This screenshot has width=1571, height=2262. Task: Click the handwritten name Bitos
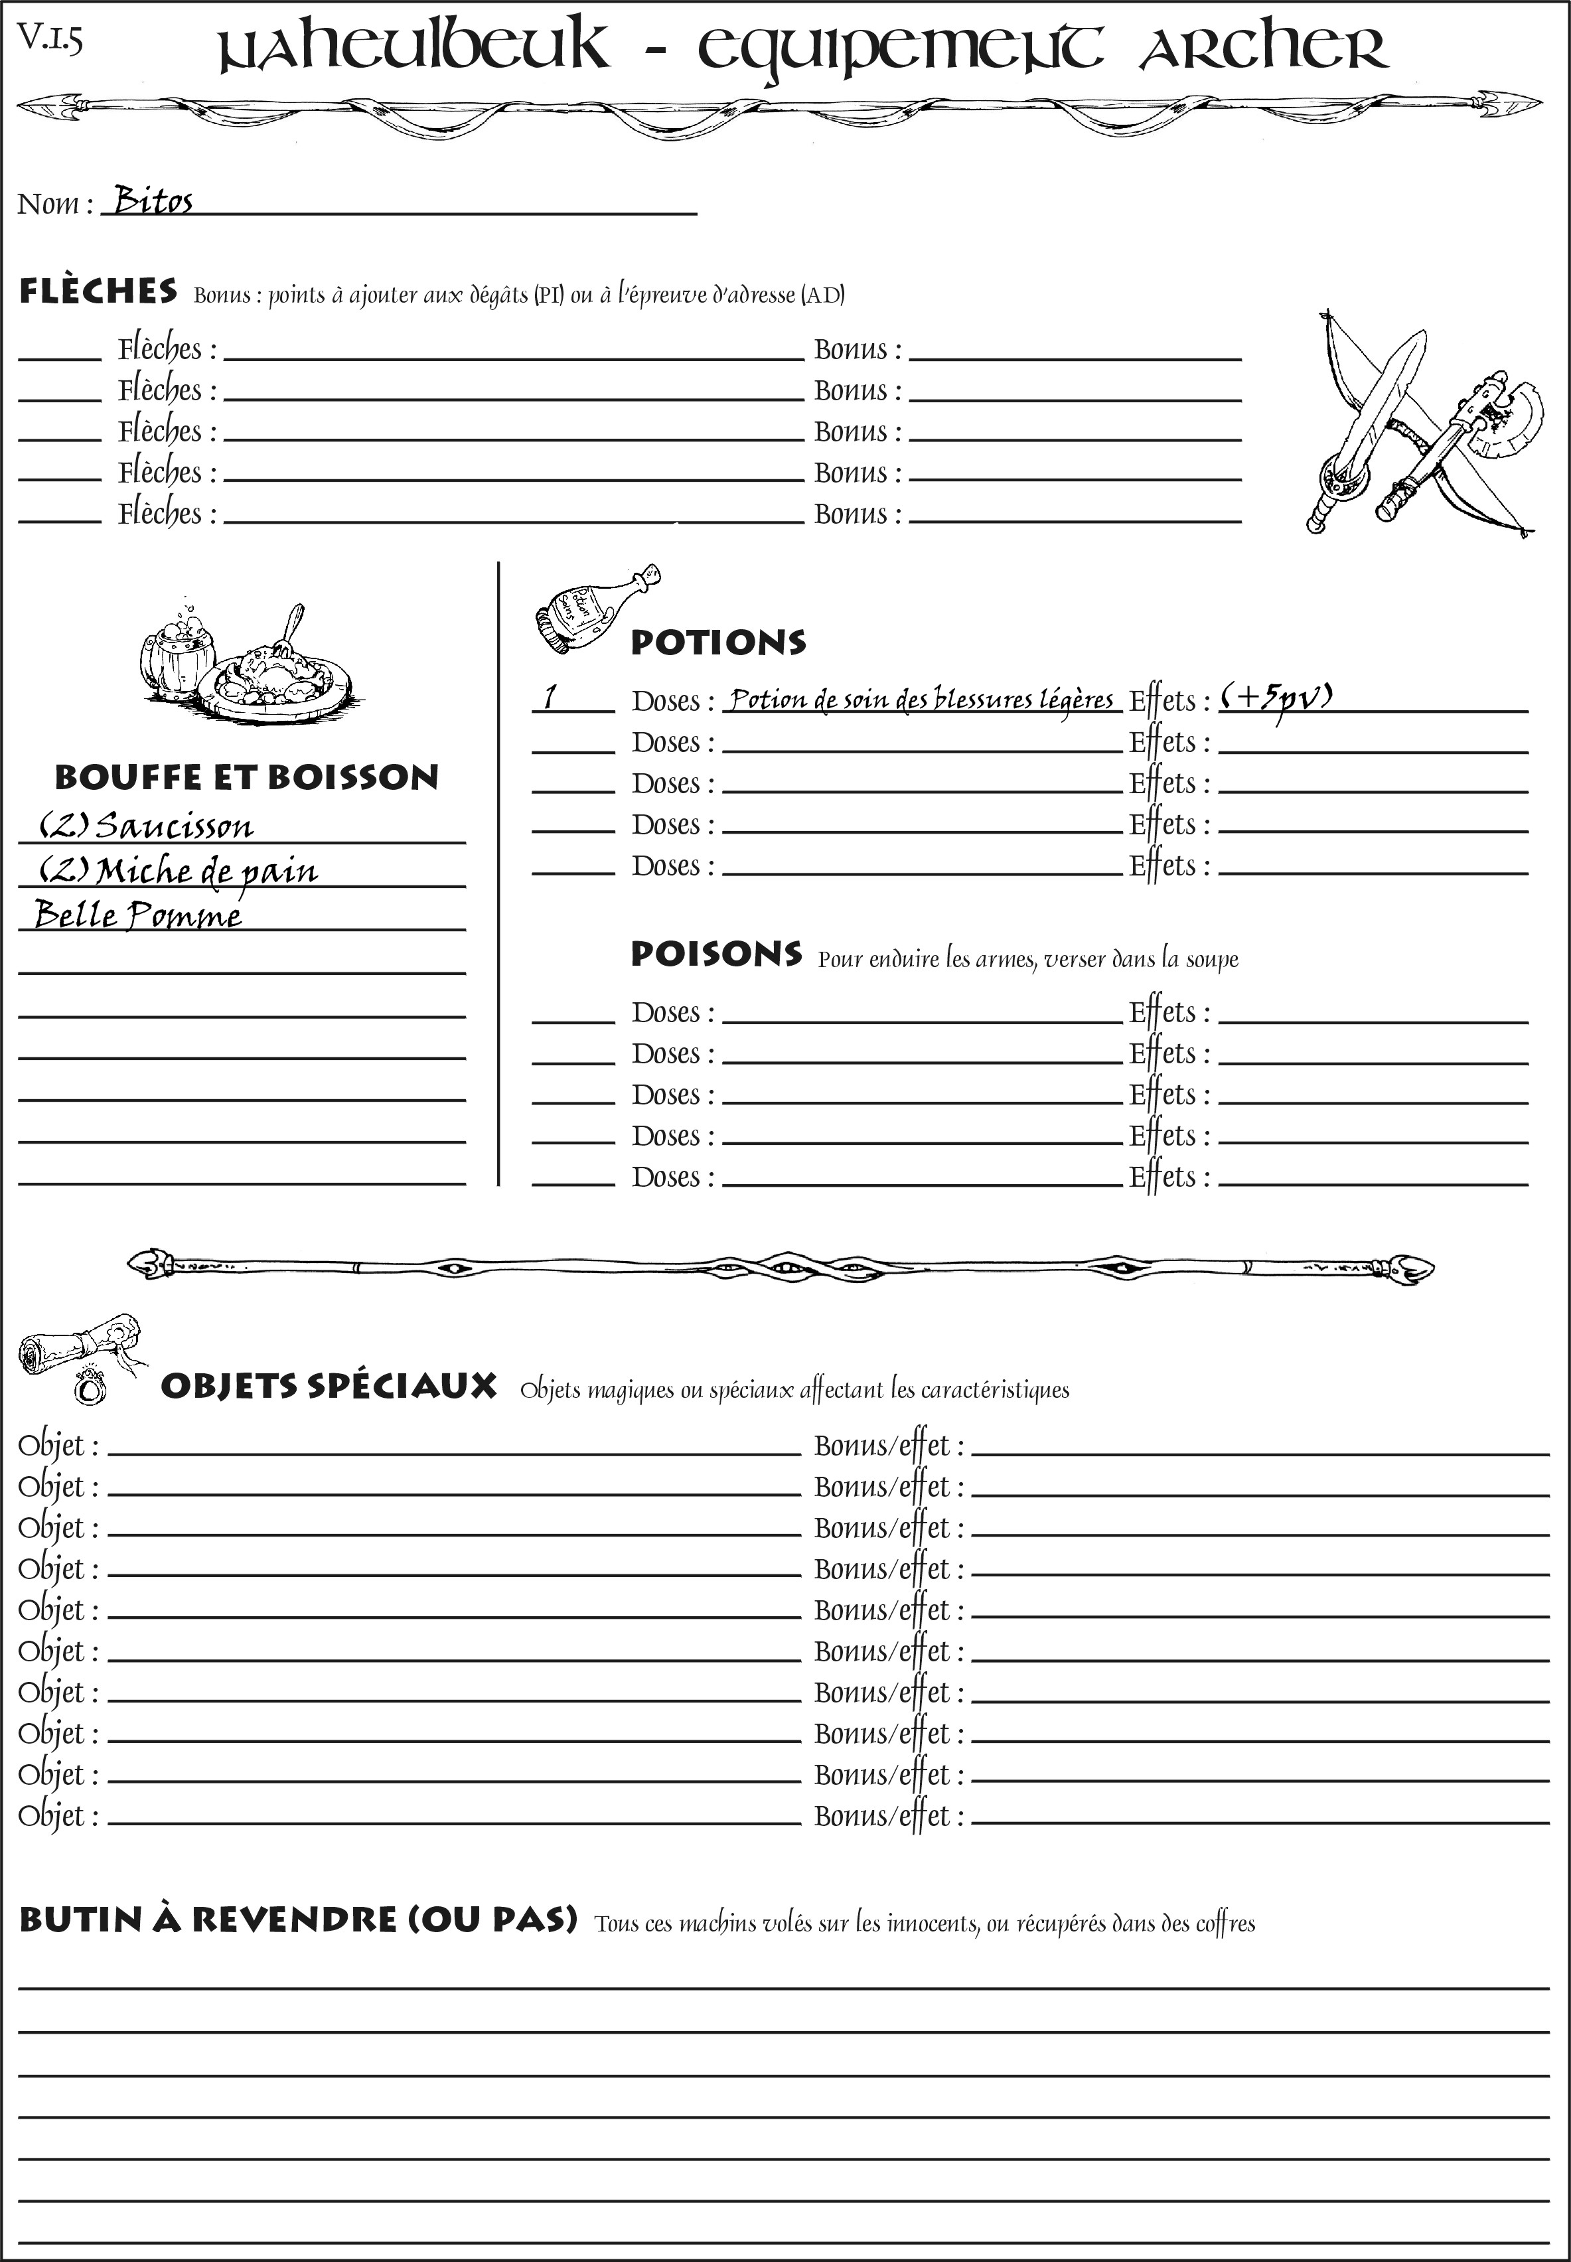[153, 201]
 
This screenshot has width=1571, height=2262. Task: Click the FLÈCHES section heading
[98, 291]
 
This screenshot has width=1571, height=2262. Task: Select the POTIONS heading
[717, 642]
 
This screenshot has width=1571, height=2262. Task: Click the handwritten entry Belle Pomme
[138, 915]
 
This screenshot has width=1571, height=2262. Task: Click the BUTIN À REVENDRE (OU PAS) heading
[297, 1920]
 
